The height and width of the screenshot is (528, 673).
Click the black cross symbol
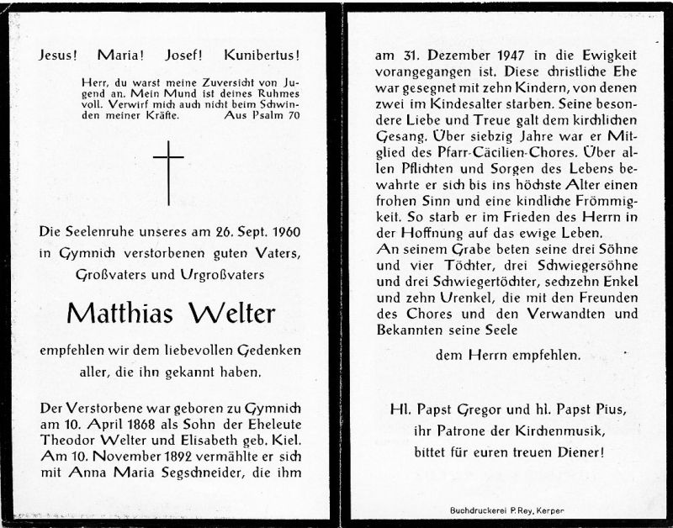(168, 173)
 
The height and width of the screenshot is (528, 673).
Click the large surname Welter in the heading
(233, 314)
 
